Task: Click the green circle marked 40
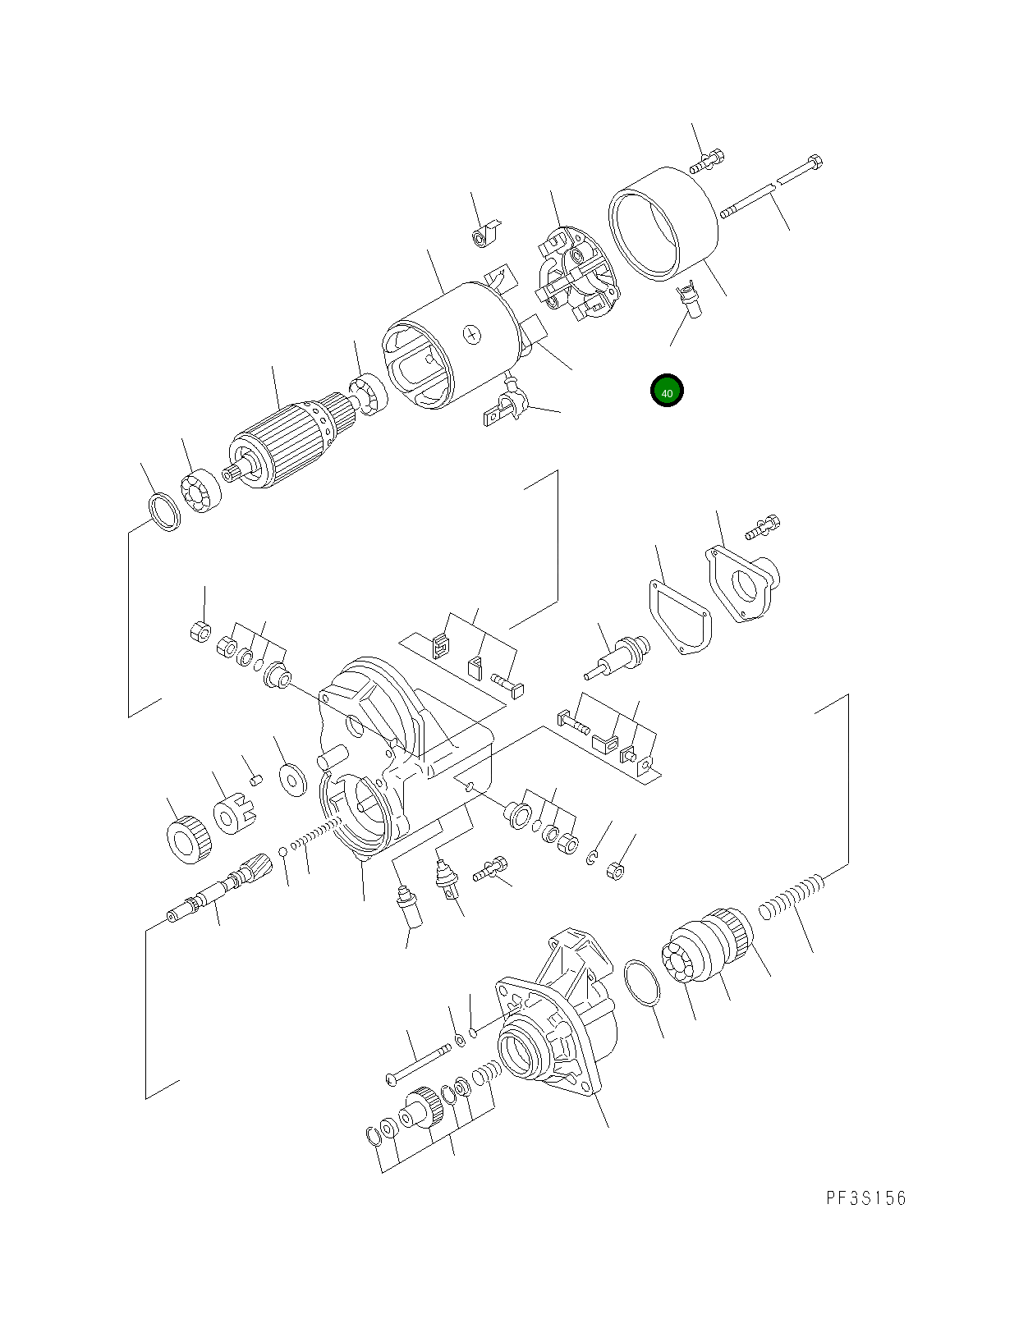[666, 392]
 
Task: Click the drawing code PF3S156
[866, 1198]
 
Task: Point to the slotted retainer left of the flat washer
[232, 813]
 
